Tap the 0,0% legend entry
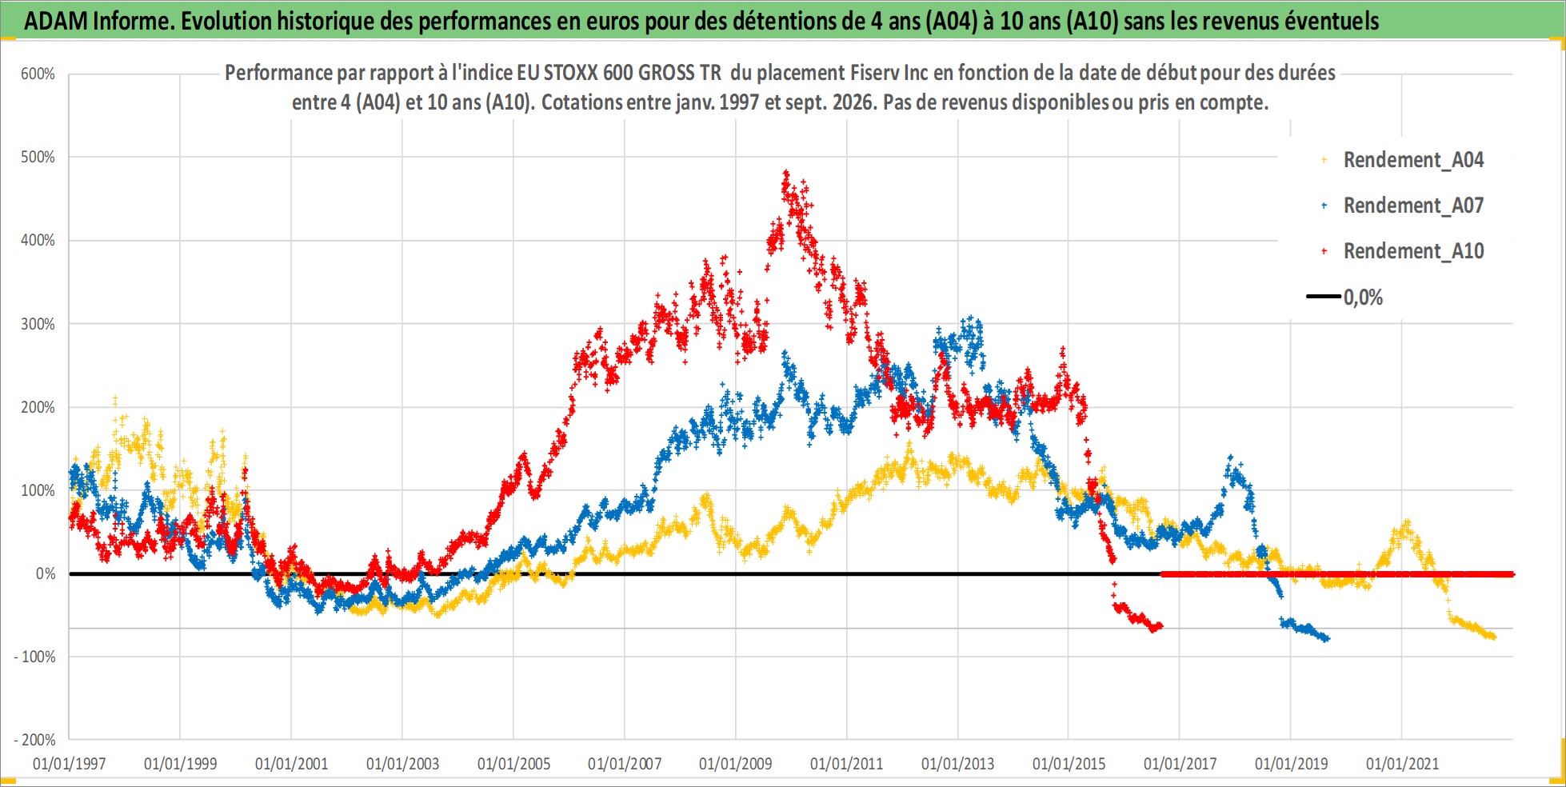point(1345,298)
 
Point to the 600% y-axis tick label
point(38,74)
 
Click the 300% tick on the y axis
point(38,324)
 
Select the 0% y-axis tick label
point(46,573)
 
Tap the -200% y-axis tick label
point(35,740)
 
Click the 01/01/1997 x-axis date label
point(70,764)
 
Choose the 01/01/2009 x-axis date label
point(736,764)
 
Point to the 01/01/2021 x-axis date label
point(1402,764)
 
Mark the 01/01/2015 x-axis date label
point(1069,764)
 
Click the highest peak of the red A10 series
point(786,172)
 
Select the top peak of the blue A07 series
point(971,318)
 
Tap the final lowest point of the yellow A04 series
point(1492,637)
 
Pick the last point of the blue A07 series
point(1327,638)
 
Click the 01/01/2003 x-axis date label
point(402,764)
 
